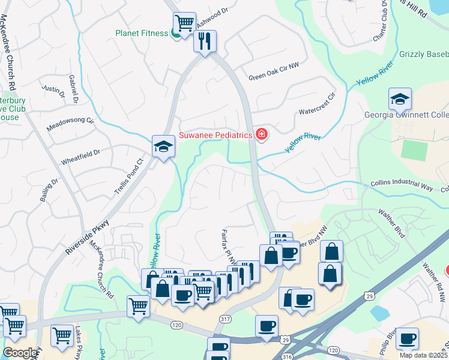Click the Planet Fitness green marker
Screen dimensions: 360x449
[x=176, y=34]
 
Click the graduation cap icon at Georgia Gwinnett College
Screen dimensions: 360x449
[x=400, y=99]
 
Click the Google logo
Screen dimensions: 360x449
[x=20, y=353]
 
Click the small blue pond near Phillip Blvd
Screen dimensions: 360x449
[x=379, y=313]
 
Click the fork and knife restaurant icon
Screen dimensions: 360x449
[x=205, y=41]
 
